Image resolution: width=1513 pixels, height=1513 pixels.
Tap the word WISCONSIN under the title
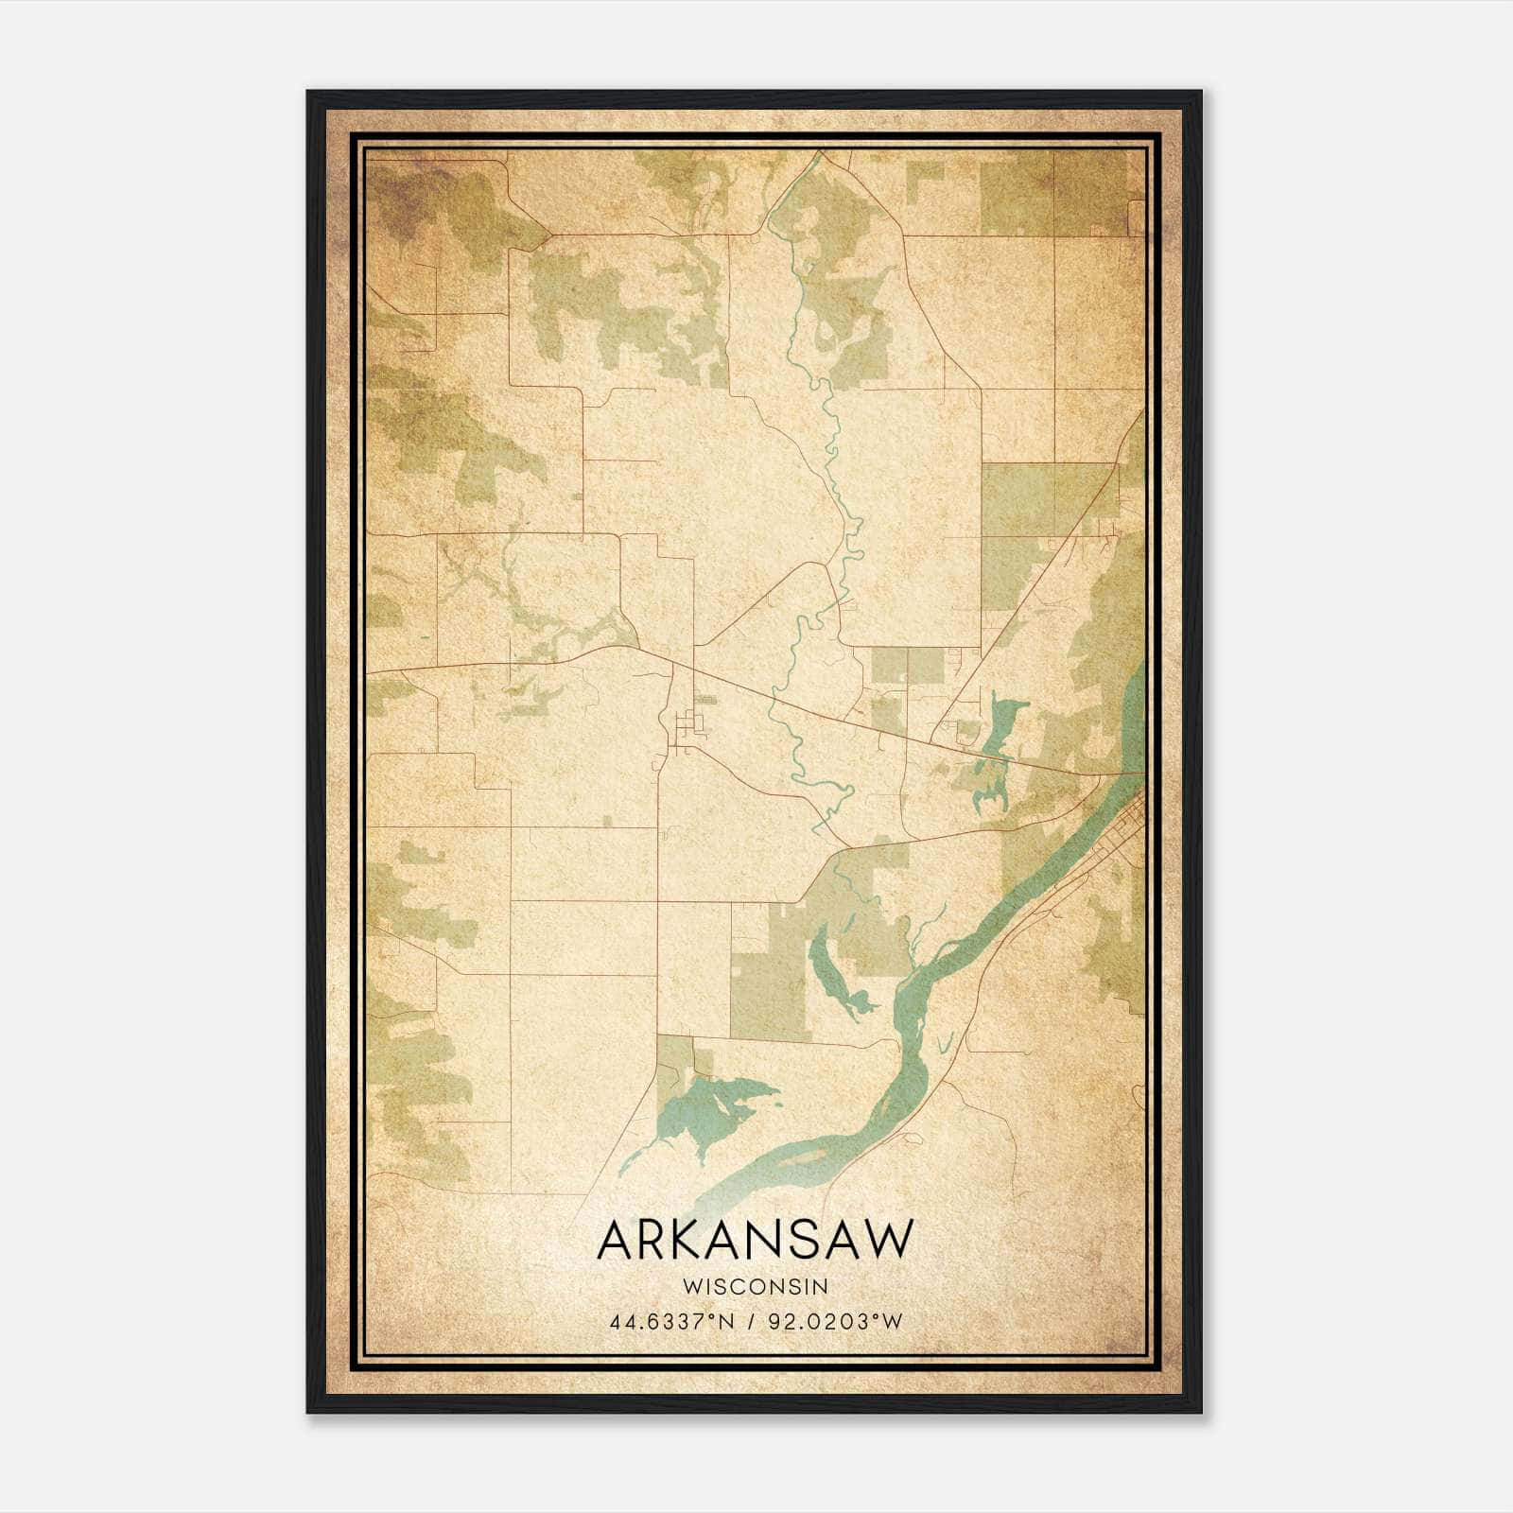[756, 1286]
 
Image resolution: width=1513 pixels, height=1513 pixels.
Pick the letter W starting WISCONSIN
[690, 1286]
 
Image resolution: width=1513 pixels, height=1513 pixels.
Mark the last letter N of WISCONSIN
[822, 1286]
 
